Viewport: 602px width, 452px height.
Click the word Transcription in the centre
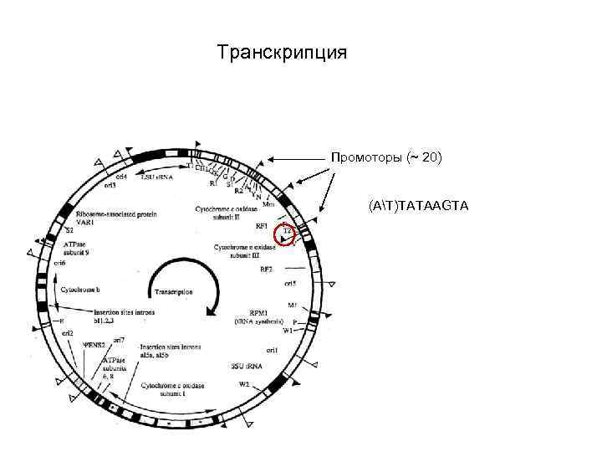point(173,292)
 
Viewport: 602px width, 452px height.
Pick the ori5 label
point(290,285)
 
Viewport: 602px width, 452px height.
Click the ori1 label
point(272,349)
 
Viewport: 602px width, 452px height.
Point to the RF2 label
point(266,269)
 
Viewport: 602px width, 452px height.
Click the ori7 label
point(120,339)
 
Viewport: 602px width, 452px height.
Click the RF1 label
point(262,225)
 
